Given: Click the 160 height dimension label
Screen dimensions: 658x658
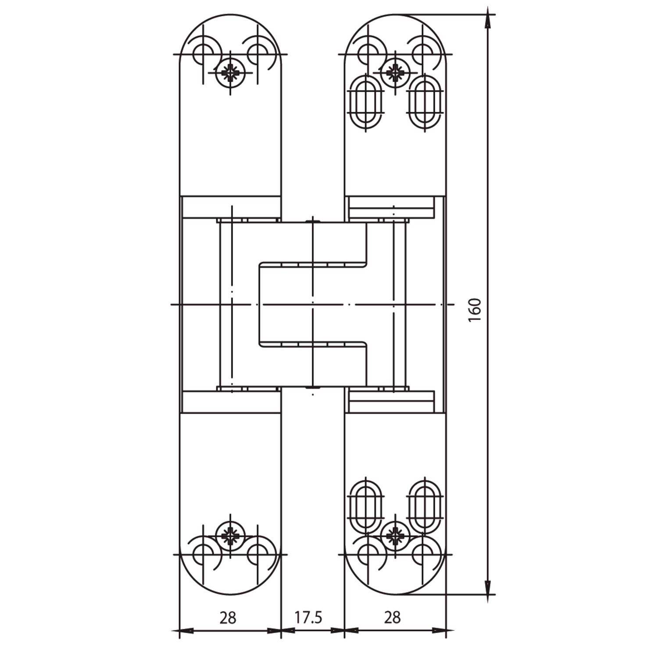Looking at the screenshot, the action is [x=475, y=310].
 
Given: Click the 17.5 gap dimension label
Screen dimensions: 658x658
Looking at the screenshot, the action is [x=308, y=617].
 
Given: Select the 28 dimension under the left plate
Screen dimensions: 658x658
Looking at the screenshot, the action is [x=228, y=617].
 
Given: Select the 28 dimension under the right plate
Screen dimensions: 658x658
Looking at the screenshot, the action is [x=392, y=617].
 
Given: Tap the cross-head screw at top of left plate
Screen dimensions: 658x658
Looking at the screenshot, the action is [x=230, y=72].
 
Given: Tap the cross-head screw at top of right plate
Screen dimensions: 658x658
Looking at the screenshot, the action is [x=396, y=72].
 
